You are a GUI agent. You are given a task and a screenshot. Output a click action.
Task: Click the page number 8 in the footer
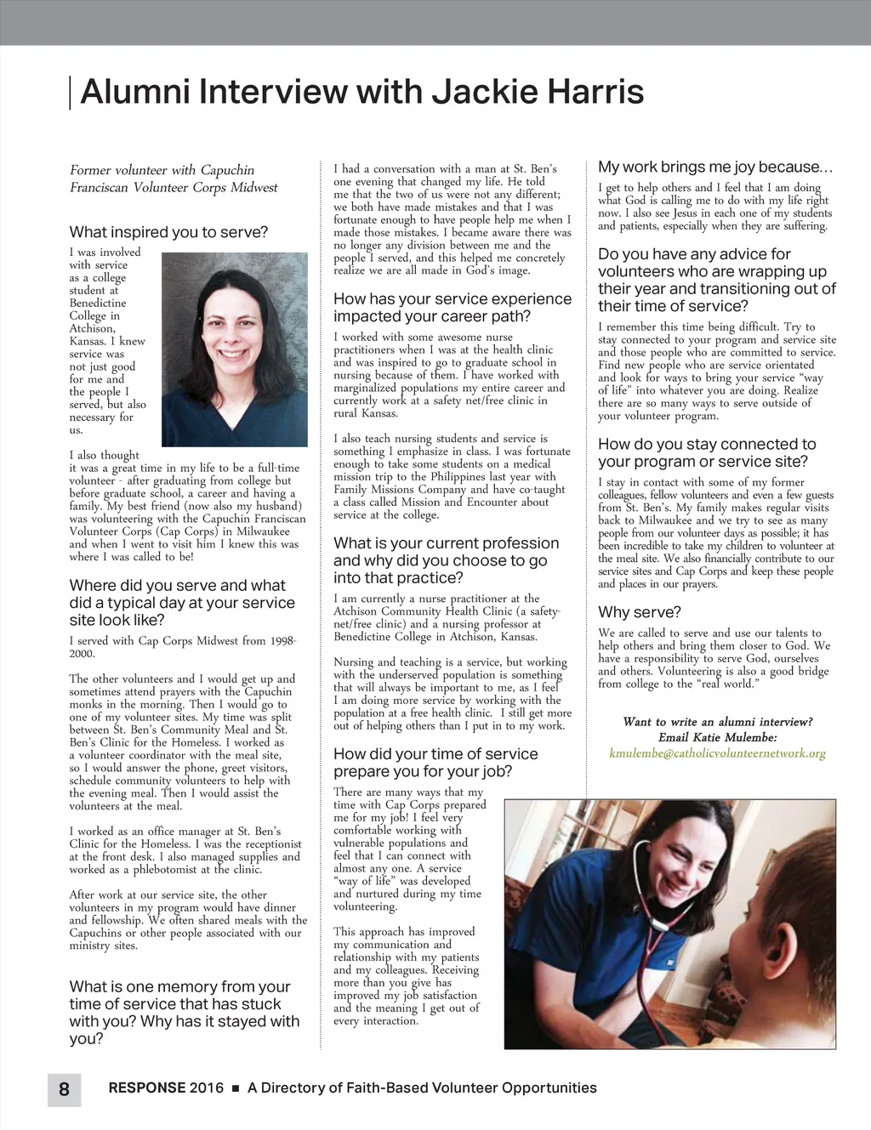point(64,1088)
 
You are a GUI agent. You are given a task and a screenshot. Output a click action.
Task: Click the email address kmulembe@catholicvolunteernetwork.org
point(717,753)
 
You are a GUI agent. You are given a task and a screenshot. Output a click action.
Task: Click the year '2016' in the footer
point(207,1087)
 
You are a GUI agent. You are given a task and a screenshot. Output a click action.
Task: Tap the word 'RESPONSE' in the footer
point(146,1087)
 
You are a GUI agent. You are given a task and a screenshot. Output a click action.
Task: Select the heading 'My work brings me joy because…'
point(715,167)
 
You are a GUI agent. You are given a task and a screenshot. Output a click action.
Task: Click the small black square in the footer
point(236,1088)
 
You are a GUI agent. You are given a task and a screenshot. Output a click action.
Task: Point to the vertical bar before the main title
point(70,93)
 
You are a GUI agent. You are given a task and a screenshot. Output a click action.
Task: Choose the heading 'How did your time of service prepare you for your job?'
point(435,763)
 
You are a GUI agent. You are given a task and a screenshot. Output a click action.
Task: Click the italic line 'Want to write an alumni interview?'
point(717,722)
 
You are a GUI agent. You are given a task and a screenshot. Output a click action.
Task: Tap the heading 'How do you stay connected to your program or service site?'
point(707,452)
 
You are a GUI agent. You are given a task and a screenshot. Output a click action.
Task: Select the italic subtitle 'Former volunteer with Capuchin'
point(162,170)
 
